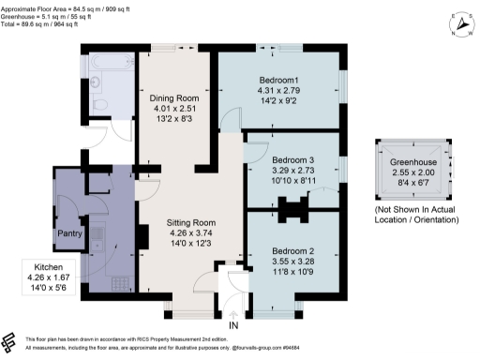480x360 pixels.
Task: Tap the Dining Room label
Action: pyautogui.click(x=176, y=97)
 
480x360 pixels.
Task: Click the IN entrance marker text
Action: pyautogui.click(x=233, y=324)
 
